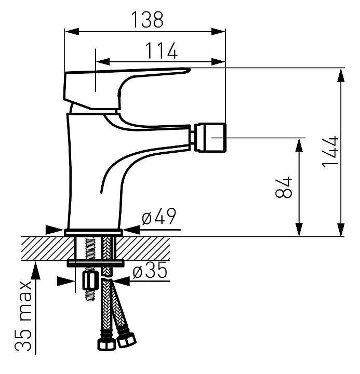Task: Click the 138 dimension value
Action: [147, 19]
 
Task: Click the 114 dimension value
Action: [161, 50]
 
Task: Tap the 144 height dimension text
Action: [330, 152]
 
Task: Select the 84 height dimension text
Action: [284, 188]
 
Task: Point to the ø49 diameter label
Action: [159, 216]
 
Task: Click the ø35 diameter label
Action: [150, 270]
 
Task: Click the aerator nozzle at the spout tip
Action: [210, 137]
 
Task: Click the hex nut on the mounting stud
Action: [90, 280]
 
